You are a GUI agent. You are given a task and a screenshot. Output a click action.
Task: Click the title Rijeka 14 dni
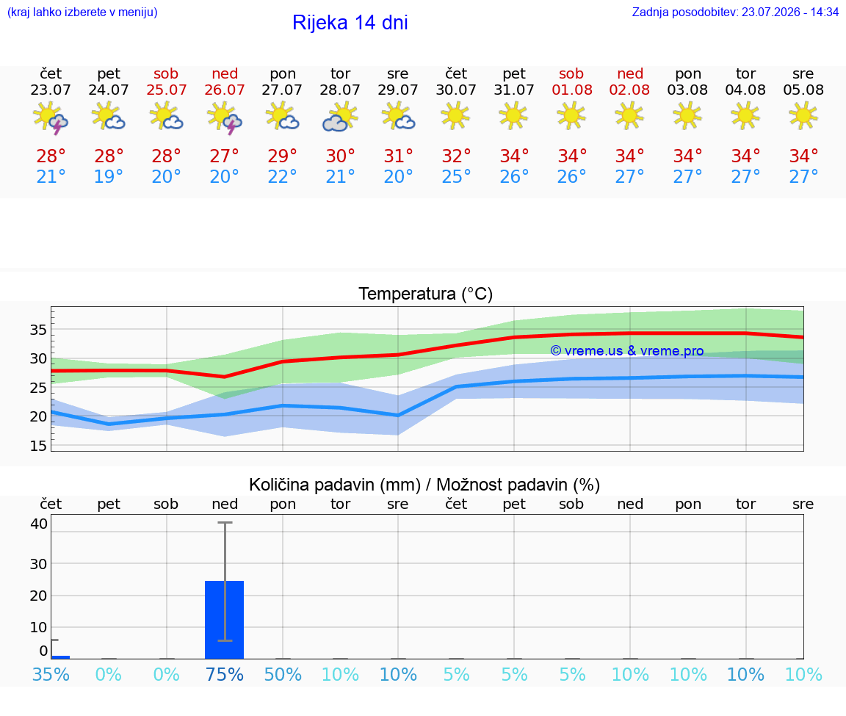tap(350, 23)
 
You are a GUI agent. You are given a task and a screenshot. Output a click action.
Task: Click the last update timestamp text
tap(735, 12)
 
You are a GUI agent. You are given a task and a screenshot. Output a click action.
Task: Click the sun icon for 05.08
tap(803, 116)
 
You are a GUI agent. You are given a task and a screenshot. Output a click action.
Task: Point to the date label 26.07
tap(225, 90)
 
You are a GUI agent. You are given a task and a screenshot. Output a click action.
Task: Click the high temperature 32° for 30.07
tap(456, 156)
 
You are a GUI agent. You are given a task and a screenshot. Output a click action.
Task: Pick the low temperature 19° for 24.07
tap(109, 176)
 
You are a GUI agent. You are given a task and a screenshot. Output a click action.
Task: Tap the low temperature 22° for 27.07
tap(282, 176)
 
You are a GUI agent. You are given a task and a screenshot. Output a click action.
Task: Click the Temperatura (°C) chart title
tap(426, 294)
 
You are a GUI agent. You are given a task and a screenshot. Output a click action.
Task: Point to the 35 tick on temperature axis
tap(38, 330)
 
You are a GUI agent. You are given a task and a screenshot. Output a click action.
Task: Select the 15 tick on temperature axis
tap(38, 446)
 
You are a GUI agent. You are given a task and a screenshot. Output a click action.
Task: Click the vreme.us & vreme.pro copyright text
tap(627, 351)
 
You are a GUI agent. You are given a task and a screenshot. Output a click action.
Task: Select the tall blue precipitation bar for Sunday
tap(225, 620)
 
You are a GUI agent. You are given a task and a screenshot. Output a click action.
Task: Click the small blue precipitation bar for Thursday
tap(60, 657)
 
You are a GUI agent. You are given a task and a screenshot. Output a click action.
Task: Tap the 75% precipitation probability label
tap(225, 674)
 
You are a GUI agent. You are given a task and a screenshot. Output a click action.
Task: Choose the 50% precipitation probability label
tap(283, 674)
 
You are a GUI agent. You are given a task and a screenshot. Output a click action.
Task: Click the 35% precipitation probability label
tap(51, 674)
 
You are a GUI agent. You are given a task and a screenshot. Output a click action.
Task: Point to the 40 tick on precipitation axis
tap(39, 524)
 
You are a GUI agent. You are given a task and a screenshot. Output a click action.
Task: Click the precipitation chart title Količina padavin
tap(335, 485)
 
